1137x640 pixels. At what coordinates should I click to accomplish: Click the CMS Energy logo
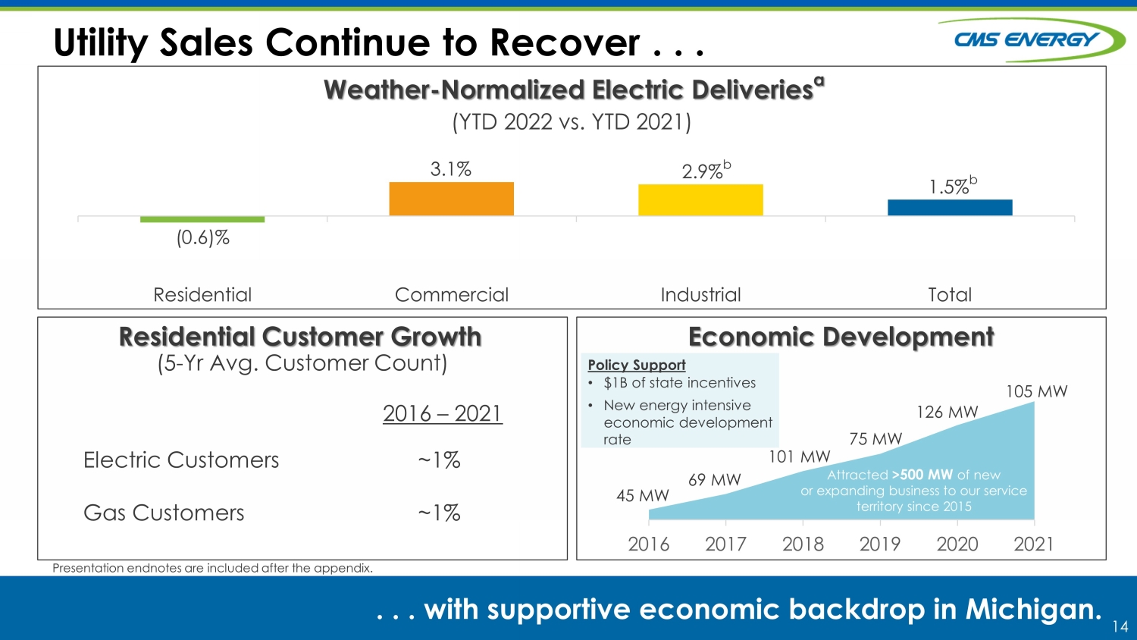[1030, 39]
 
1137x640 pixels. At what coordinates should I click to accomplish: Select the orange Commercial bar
[451, 199]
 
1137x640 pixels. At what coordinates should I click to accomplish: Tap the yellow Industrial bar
[700, 200]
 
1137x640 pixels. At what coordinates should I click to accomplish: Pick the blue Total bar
[950, 208]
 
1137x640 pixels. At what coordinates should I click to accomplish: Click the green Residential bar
[202, 219]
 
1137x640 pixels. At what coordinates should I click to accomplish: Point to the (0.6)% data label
[202, 237]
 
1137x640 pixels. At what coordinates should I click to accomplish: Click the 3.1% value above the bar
[451, 169]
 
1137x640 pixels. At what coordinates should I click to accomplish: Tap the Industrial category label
[700, 295]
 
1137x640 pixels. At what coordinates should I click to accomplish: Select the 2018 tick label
[803, 544]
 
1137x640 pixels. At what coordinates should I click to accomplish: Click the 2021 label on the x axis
[1033, 544]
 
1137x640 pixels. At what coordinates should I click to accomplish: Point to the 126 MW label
[947, 412]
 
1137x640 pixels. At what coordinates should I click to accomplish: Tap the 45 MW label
[643, 495]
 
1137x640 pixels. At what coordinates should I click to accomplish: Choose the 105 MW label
[1036, 391]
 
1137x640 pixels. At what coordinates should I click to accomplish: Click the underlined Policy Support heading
[637, 365]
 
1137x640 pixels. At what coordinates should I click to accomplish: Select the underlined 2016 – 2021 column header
[443, 413]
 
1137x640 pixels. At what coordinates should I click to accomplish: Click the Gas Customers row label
[164, 513]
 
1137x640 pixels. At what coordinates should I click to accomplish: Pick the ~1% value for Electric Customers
[439, 460]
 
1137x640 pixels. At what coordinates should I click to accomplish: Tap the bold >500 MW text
[922, 475]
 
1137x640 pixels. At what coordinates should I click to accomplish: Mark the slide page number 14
[1120, 626]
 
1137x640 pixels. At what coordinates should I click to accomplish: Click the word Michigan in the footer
[1034, 609]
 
